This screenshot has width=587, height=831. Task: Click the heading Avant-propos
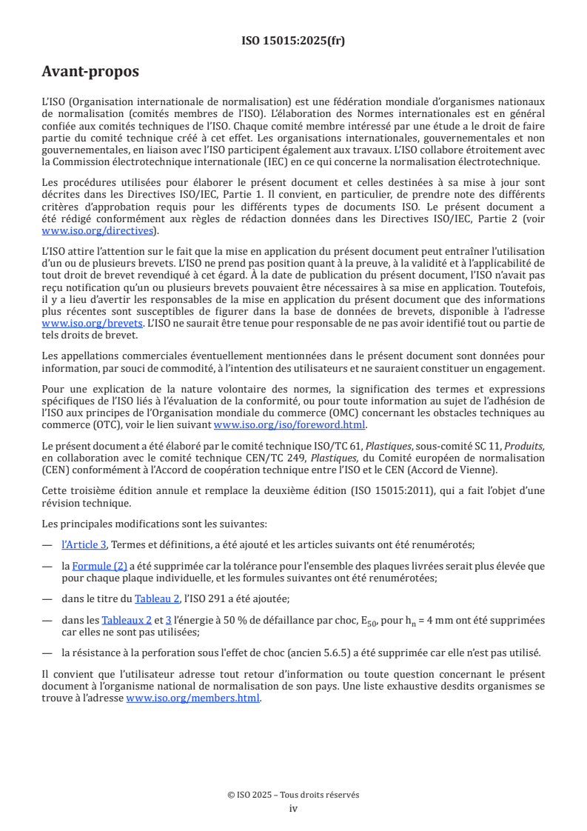(x=90, y=72)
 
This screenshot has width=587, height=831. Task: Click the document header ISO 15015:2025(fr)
(x=293, y=41)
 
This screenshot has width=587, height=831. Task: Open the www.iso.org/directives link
(x=100, y=231)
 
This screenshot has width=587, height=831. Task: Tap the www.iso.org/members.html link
(x=194, y=698)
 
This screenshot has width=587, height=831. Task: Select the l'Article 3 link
(x=84, y=545)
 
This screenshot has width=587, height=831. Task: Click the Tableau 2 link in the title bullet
(x=157, y=598)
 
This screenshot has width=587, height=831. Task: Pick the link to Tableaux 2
(x=127, y=620)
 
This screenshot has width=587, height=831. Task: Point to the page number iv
(x=293, y=809)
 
